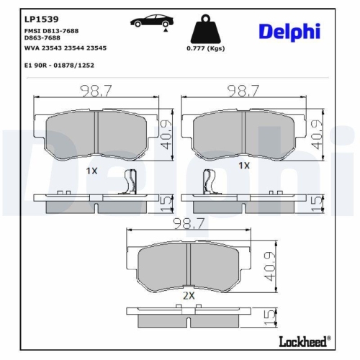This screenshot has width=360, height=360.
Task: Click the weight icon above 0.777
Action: click(x=203, y=30)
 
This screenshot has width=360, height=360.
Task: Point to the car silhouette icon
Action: click(x=150, y=22)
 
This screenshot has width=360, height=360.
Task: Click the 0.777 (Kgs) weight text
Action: click(x=204, y=48)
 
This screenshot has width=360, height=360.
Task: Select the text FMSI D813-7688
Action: click(x=52, y=31)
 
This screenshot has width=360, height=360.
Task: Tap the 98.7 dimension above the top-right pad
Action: click(x=243, y=91)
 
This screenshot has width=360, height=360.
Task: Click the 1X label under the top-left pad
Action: click(x=91, y=171)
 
